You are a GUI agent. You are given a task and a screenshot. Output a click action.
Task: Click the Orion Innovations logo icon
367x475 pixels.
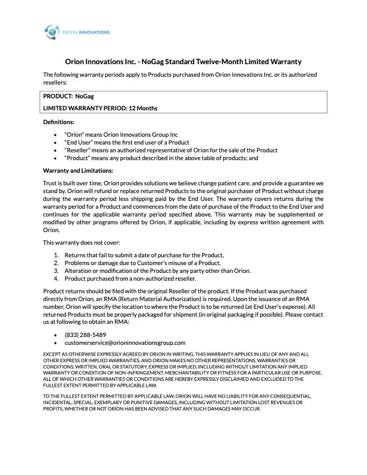pyautogui.click(x=52, y=31)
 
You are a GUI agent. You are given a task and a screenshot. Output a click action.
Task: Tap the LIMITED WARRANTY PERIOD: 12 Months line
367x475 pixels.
pyautogui.click(x=100, y=108)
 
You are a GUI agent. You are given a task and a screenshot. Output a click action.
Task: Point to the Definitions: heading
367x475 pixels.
pyautogui.click(x=58, y=122)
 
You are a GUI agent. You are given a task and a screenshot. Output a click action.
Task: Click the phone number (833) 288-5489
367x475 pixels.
pyautogui.click(x=85, y=334)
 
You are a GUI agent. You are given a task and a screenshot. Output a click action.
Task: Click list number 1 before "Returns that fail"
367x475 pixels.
pyautogui.click(x=56, y=255)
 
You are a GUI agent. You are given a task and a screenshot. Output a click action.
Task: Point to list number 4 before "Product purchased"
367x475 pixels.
pyautogui.click(x=56, y=278)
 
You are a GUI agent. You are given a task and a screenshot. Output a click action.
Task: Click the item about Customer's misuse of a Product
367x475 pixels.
pyautogui.click(x=143, y=263)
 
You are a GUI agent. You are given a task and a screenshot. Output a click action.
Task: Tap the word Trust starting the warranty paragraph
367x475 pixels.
pyautogui.click(x=51, y=182)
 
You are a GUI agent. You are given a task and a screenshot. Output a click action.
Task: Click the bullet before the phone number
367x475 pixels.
pyautogui.click(x=56, y=334)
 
